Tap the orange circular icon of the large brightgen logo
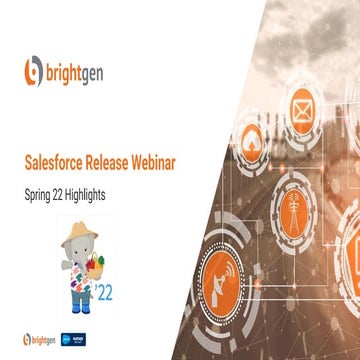[34, 72]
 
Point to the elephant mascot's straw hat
[79, 229]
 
